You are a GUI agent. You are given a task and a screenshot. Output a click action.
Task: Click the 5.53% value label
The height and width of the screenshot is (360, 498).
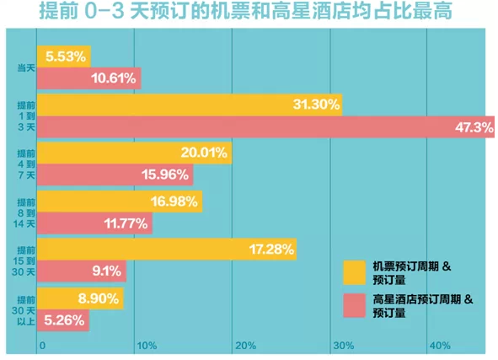[66, 56]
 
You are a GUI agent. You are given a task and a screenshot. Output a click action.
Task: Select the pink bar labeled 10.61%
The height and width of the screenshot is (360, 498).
[89, 78]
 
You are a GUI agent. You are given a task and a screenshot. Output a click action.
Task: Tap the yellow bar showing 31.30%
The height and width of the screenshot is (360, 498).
[190, 105]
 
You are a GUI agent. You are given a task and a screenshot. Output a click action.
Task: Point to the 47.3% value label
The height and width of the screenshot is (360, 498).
[474, 127]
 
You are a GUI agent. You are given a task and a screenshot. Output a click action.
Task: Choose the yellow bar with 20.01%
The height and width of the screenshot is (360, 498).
[134, 153]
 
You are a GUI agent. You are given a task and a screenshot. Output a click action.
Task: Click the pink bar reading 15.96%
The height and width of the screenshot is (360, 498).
[115, 175]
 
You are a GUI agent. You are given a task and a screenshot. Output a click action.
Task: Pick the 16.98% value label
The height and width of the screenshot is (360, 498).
[174, 201]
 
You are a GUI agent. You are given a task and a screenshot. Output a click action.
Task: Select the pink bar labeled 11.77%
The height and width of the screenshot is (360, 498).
[94, 223]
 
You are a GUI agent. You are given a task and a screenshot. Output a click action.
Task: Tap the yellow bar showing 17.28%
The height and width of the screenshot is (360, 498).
[167, 249]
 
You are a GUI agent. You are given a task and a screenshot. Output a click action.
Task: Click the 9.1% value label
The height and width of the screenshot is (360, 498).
[107, 271]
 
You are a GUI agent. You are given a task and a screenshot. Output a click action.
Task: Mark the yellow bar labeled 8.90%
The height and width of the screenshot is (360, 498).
[80, 298]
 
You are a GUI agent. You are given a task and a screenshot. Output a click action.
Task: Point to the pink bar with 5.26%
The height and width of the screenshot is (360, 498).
[63, 320]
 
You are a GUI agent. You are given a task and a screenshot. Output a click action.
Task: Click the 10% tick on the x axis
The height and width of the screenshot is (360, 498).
[147, 346]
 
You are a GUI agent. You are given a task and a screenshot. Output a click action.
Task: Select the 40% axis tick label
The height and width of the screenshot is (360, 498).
[440, 346]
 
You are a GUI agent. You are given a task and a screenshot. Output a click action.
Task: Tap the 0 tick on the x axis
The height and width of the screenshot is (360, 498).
[42, 346]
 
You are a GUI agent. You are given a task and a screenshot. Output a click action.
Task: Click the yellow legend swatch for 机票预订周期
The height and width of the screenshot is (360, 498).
[354, 272]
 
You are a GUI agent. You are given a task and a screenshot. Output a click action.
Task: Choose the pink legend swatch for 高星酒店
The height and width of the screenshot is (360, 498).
[354, 305]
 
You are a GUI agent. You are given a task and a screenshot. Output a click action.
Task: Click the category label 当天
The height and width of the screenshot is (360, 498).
[26, 67]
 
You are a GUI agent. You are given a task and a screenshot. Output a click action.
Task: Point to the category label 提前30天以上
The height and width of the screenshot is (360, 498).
[24, 310]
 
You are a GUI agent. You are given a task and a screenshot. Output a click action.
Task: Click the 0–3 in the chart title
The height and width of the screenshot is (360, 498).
[104, 12]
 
